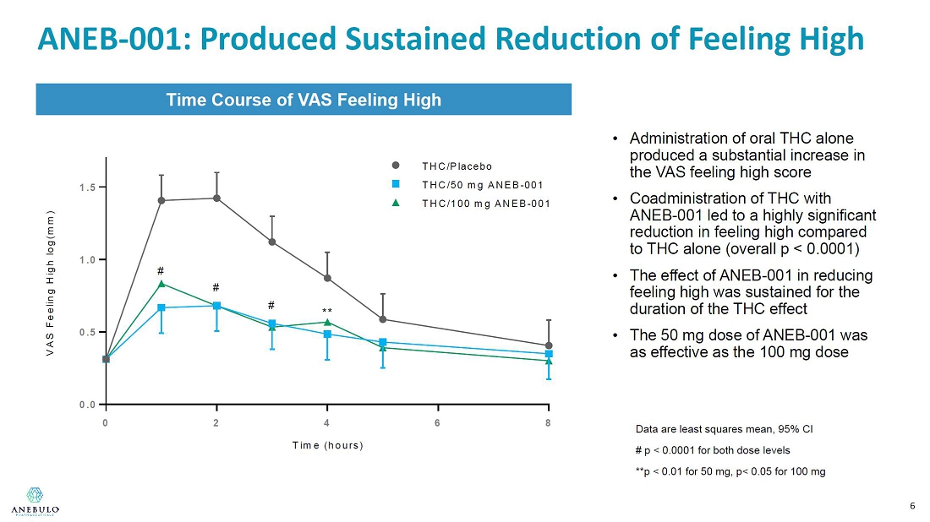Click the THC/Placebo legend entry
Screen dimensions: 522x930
click(x=457, y=166)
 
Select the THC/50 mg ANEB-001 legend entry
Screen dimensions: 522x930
click(x=482, y=185)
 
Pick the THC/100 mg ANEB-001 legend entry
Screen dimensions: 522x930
click(x=485, y=204)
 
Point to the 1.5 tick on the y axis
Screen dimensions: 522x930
click(x=89, y=187)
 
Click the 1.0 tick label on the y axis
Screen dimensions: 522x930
click(x=89, y=259)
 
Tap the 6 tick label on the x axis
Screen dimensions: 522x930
click(x=437, y=422)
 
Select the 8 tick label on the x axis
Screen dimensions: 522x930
click(x=548, y=422)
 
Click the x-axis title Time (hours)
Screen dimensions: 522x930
click(x=328, y=445)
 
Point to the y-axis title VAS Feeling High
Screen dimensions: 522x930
click(x=52, y=282)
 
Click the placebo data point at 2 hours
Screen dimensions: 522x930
click(x=216, y=198)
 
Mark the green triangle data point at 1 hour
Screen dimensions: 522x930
click(x=161, y=284)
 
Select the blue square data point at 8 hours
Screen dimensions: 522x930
click(x=549, y=354)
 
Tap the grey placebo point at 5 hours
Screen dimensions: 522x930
click(x=383, y=319)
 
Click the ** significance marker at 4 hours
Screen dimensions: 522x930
click(x=327, y=312)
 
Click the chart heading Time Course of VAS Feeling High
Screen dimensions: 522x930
click(x=304, y=100)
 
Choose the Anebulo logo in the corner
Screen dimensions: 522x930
click(x=35, y=500)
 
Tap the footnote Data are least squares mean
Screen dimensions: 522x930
click(x=724, y=429)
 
